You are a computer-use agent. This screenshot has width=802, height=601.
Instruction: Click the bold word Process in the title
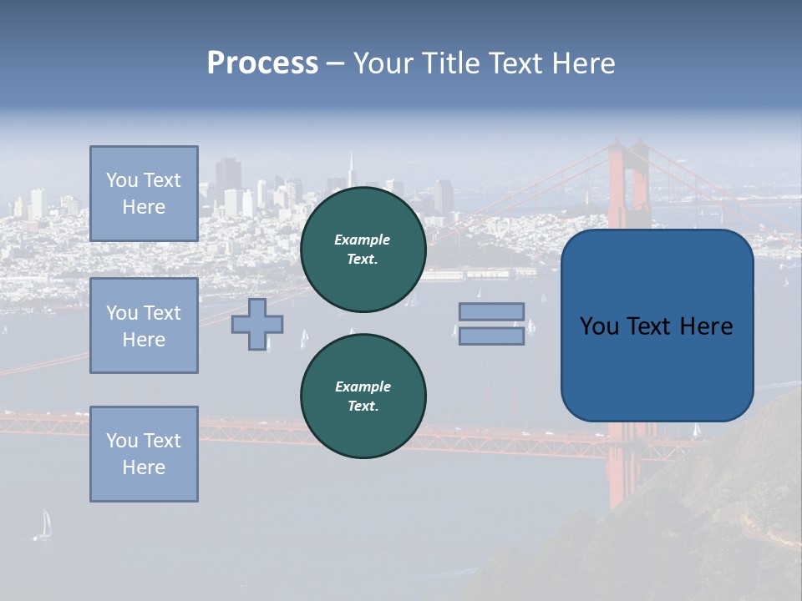[262, 63]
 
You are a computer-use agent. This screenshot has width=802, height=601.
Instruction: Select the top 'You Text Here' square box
[144, 194]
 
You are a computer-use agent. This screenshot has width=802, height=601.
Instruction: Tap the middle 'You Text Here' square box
[144, 326]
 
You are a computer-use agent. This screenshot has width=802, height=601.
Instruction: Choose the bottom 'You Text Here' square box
[144, 454]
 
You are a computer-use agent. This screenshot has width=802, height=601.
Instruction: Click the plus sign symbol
[257, 324]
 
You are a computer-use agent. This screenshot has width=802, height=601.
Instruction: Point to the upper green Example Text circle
[363, 250]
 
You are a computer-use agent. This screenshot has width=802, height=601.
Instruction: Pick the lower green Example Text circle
[363, 396]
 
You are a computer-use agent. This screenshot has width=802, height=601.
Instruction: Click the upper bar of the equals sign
[492, 311]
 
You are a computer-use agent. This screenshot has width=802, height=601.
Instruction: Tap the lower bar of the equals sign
[492, 336]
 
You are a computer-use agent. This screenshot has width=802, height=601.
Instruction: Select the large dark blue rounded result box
[657, 326]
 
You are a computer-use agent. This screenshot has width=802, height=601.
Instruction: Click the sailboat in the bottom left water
[44, 524]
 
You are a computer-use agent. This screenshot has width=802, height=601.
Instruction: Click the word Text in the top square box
[162, 180]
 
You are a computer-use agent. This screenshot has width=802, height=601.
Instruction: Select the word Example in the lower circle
[363, 386]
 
